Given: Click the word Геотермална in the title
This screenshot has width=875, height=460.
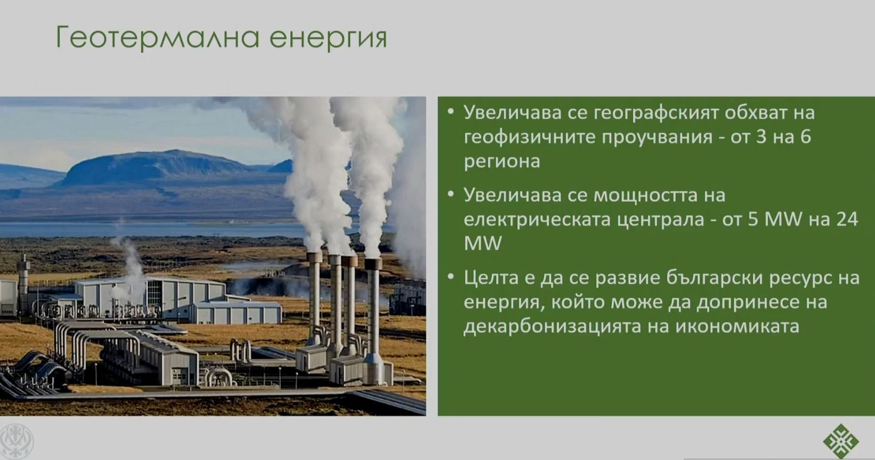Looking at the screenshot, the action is (x=158, y=37).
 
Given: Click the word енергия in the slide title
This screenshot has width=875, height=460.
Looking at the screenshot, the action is (x=328, y=38).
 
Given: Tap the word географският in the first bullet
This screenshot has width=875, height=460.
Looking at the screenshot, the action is (x=656, y=114).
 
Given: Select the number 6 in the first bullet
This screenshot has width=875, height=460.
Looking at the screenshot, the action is (x=806, y=137).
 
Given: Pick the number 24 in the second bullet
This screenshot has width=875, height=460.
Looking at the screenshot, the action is (x=847, y=219).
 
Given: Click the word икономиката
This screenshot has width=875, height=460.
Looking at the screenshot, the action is (x=738, y=327).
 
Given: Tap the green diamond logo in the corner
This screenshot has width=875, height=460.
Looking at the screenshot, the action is (x=840, y=441).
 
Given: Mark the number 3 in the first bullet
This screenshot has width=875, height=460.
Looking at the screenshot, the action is (x=760, y=137).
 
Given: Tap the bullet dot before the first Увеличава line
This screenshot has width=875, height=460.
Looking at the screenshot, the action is (x=451, y=112).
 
